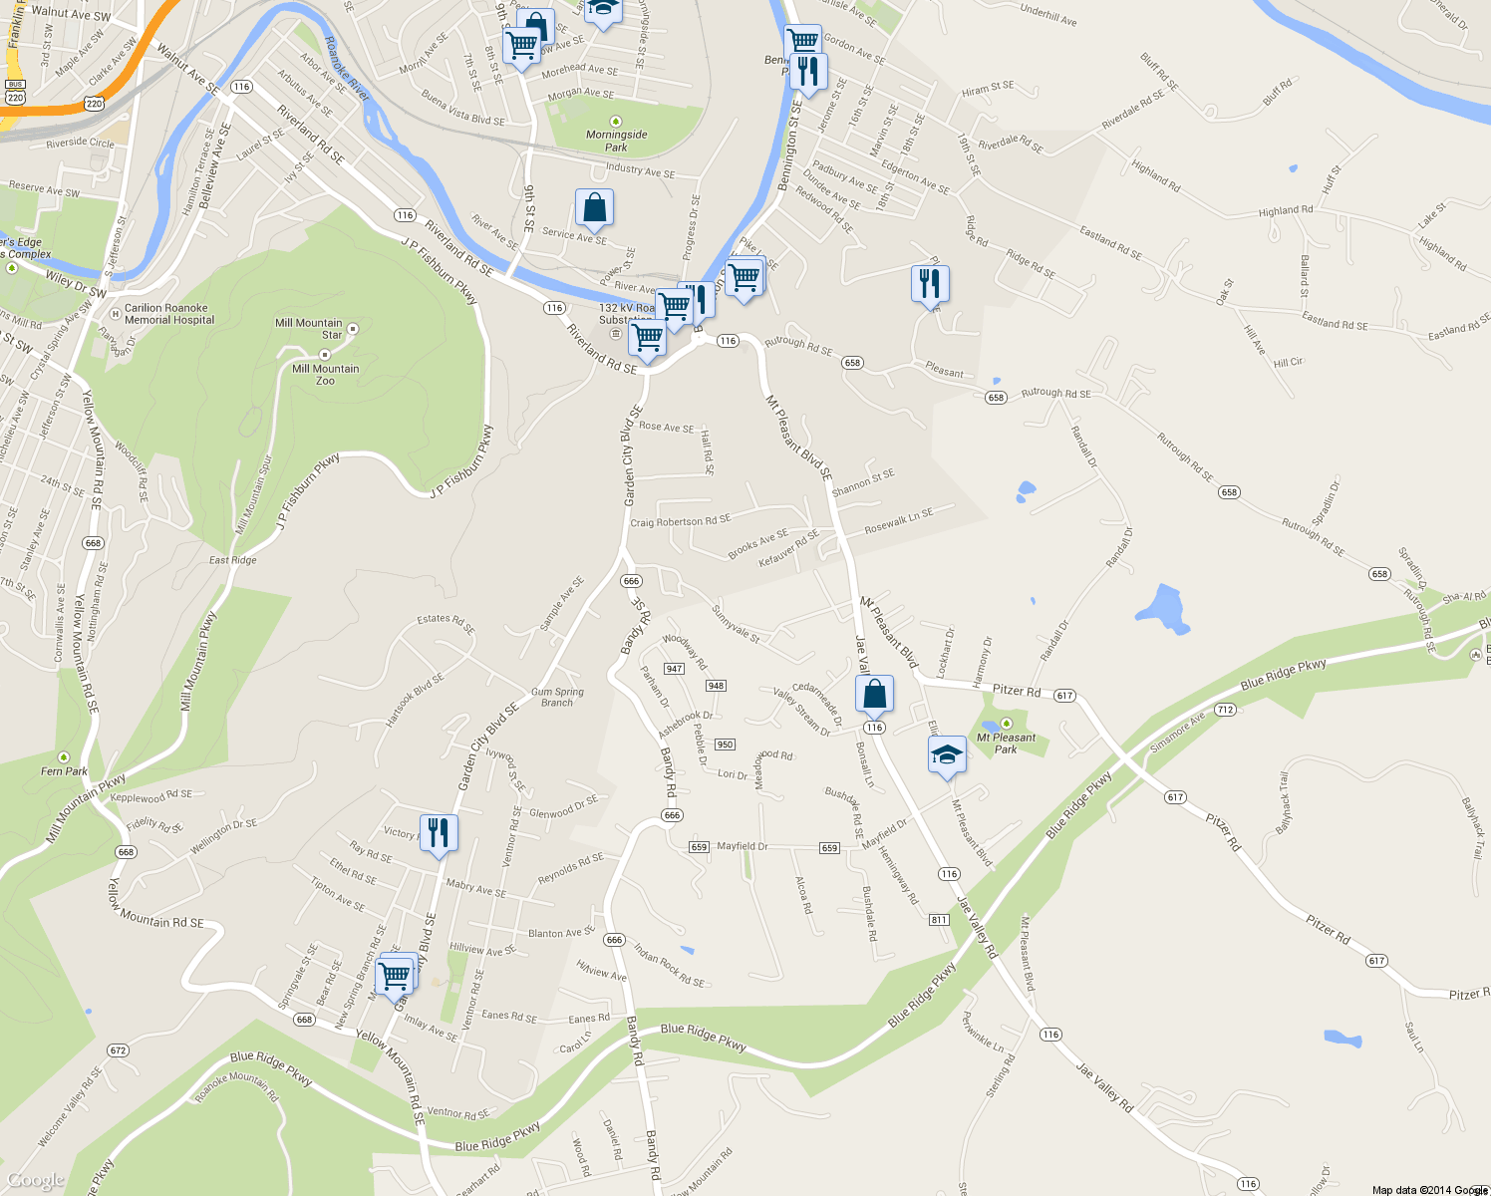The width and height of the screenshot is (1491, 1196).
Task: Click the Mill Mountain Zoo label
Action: pyautogui.click(x=325, y=375)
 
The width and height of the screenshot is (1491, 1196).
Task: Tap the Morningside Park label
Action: pyautogui.click(x=616, y=141)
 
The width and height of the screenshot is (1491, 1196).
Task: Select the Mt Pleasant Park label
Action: pyautogui.click(x=1006, y=743)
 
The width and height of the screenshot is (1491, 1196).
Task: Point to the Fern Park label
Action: pyautogui.click(x=64, y=770)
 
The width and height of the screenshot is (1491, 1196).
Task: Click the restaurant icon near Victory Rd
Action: pyautogui.click(x=439, y=833)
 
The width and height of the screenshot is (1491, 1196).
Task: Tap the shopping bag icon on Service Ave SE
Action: pyautogui.click(x=594, y=208)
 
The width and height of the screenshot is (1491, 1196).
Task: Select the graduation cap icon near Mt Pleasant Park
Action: pyautogui.click(x=947, y=755)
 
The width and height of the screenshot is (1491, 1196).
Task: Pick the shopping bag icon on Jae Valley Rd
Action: pyautogui.click(x=874, y=694)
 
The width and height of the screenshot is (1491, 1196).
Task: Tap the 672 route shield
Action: pyautogui.click(x=118, y=1050)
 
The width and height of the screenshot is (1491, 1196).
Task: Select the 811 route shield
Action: pyautogui.click(x=939, y=919)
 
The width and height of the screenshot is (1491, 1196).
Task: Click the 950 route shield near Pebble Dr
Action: pyautogui.click(x=725, y=745)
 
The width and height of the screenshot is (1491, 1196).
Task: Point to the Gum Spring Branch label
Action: pyautogui.click(x=557, y=697)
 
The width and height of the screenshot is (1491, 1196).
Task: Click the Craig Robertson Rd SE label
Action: pyautogui.click(x=680, y=521)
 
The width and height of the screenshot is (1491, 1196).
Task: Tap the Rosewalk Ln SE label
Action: pyautogui.click(x=898, y=520)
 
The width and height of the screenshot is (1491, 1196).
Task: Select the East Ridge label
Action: pyautogui.click(x=232, y=560)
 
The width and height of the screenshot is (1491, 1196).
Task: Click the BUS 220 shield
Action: pyautogui.click(x=15, y=92)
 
